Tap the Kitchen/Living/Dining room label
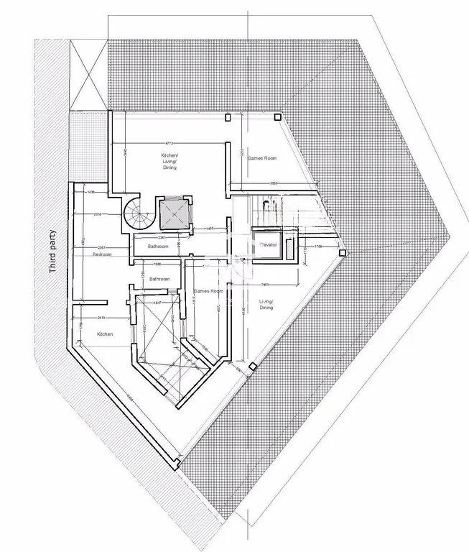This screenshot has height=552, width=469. pos(170,161)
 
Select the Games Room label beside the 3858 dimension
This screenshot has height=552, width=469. pos(262,158)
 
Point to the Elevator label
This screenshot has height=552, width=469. pos(268,245)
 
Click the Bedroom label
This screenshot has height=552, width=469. pos(102,254)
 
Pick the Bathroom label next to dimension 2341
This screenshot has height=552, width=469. pos(158,247)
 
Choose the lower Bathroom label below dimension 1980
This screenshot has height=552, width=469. pos(159,279)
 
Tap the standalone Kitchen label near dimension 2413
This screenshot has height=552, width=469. pos(105,334)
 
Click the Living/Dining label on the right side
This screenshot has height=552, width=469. pos(266,305)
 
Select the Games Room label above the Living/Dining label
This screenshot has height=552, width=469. pos(209,291)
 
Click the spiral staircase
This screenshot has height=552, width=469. pos(137,213)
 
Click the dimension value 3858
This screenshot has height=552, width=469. pos(274,184)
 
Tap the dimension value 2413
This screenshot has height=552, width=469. pos(101,317)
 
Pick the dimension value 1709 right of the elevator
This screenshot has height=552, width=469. pos(318,247)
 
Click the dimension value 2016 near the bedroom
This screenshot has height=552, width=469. pos(98,214)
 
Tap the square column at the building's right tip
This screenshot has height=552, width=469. pos(345,253)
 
